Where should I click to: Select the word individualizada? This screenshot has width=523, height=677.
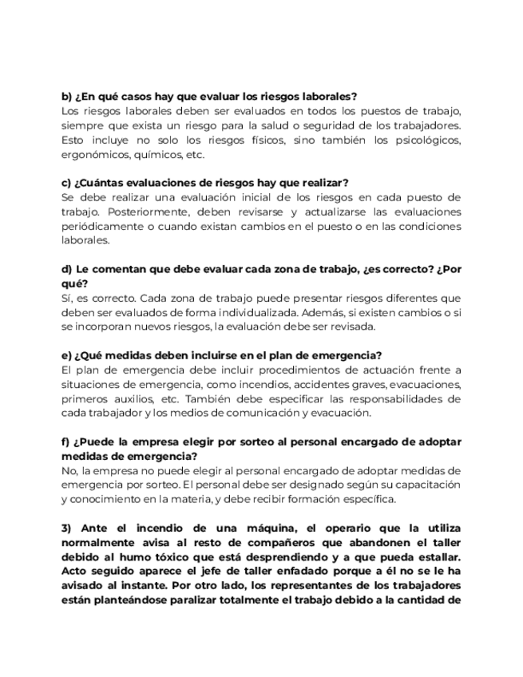tap(239, 312)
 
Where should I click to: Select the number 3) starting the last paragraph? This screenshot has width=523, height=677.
tap(68, 529)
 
